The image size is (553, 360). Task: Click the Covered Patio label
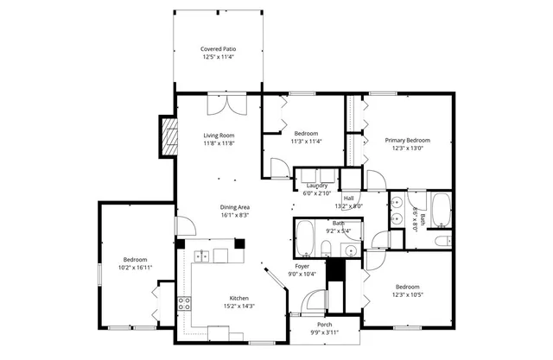219,49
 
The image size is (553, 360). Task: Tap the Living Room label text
219,136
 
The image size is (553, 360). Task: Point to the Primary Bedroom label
407,140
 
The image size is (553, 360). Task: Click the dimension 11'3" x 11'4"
307,142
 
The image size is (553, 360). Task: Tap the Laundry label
315,186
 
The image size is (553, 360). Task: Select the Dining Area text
235,207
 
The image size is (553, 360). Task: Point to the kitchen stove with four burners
184,303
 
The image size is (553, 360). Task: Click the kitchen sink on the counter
202,256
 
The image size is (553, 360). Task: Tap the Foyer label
302,267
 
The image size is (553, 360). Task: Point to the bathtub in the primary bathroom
440,207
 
